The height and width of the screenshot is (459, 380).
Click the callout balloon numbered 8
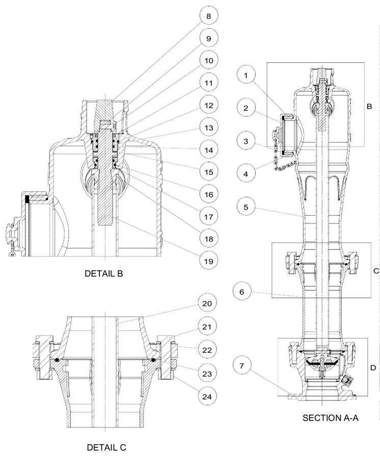pos(208,16)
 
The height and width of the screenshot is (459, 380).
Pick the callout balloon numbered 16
pos(208,194)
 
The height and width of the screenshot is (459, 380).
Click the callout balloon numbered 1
pos(246,75)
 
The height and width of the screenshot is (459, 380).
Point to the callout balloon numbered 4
pos(246,173)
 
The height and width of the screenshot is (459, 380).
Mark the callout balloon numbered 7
pos(246,366)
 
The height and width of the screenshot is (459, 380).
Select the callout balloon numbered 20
pos(208,303)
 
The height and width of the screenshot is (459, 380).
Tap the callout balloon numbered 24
pos(208,395)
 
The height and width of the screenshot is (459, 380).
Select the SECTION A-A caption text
pos(331,418)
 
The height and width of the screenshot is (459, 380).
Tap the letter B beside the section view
pos(369,107)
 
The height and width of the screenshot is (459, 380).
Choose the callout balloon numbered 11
pos(208,83)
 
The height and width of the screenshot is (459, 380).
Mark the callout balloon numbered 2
pos(246,108)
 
